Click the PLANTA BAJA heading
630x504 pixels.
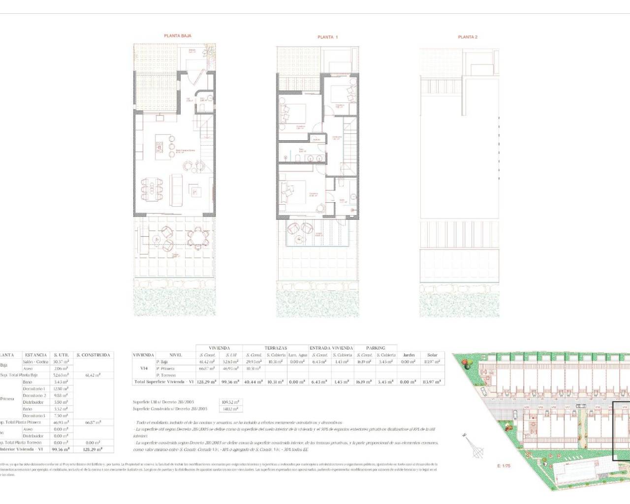click(177, 36)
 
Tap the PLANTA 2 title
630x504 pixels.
click(468, 37)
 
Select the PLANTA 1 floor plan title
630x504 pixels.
click(328, 37)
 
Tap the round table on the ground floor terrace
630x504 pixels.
click(200, 238)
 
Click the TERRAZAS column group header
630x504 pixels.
click(276, 348)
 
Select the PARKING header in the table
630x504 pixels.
click(376, 348)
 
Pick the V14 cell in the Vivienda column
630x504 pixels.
click(144, 368)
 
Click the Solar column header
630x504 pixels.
click(432, 355)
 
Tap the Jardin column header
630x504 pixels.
click(409, 355)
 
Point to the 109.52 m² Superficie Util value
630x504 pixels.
click(230, 402)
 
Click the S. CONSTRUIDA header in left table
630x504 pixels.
click(94, 355)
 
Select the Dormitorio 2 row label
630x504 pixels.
click(34, 395)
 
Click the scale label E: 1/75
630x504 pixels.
click(504, 465)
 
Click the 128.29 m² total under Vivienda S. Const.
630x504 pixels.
click(207, 382)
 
